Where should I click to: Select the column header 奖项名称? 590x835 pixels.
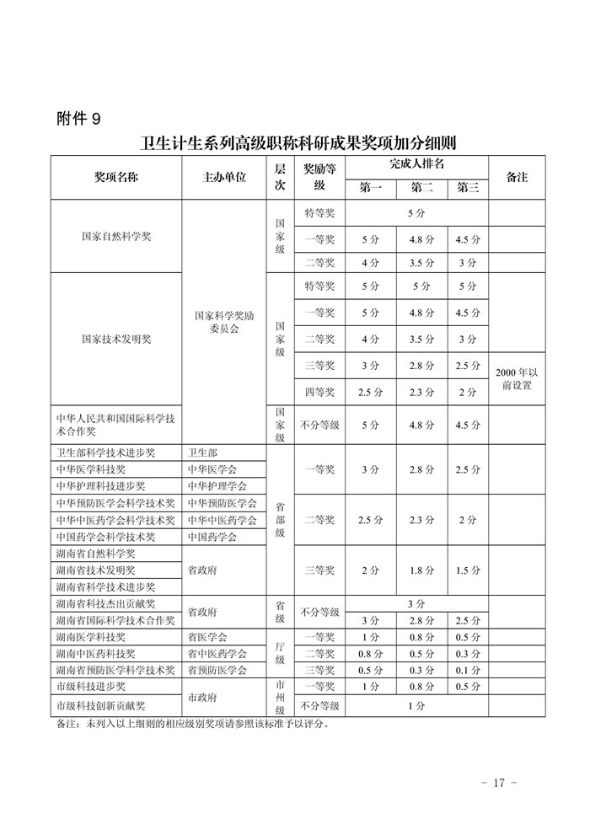(116, 178)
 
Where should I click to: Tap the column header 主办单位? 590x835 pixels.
(224, 178)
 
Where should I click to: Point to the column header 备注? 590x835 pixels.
(516, 178)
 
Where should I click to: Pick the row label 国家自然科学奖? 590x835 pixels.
(116, 237)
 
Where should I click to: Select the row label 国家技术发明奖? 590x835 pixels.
(116, 339)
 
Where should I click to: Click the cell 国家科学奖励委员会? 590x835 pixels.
(224, 323)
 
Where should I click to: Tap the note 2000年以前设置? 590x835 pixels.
(516, 378)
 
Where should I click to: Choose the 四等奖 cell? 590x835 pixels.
(319, 392)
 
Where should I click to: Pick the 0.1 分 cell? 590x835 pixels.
(467, 671)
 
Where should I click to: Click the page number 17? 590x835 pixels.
(497, 783)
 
